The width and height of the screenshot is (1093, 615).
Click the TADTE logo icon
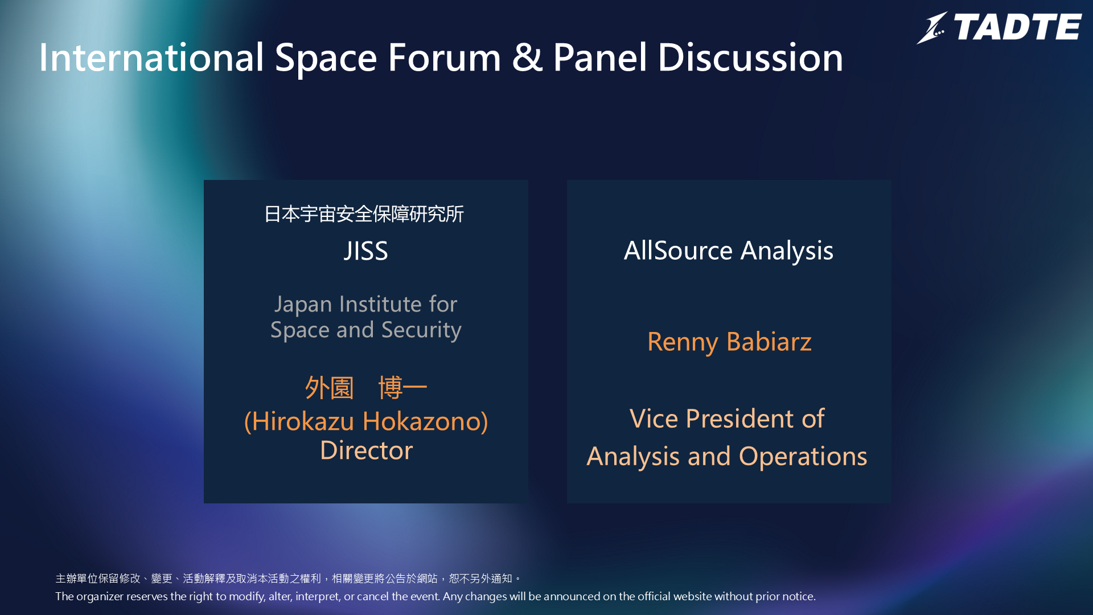pyautogui.click(x=932, y=28)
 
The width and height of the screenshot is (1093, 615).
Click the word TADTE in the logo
pyautogui.click(x=1017, y=27)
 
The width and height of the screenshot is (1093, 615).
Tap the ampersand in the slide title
pyautogui.click(x=527, y=58)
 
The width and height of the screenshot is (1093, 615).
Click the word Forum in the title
pyautogui.click(x=445, y=58)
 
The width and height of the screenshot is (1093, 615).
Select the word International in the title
pyautogui.click(x=151, y=58)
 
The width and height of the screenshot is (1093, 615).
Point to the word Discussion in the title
pyautogui.click(x=750, y=58)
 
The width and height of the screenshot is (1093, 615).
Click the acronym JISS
pyautogui.click(x=366, y=251)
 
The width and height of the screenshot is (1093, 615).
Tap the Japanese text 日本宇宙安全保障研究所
pyautogui.click(x=364, y=214)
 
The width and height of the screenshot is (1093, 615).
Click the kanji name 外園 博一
pyautogui.click(x=366, y=388)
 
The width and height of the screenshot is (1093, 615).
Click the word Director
pyautogui.click(x=366, y=450)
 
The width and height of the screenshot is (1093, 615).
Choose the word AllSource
pyautogui.click(x=678, y=251)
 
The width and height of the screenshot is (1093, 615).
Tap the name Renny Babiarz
pyautogui.click(x=729, y=342)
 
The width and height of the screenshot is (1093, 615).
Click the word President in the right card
pyautogui.click(x=740, y=419)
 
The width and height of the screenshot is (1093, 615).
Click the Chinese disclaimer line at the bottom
pyautogui.click(x=288, y=579)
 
